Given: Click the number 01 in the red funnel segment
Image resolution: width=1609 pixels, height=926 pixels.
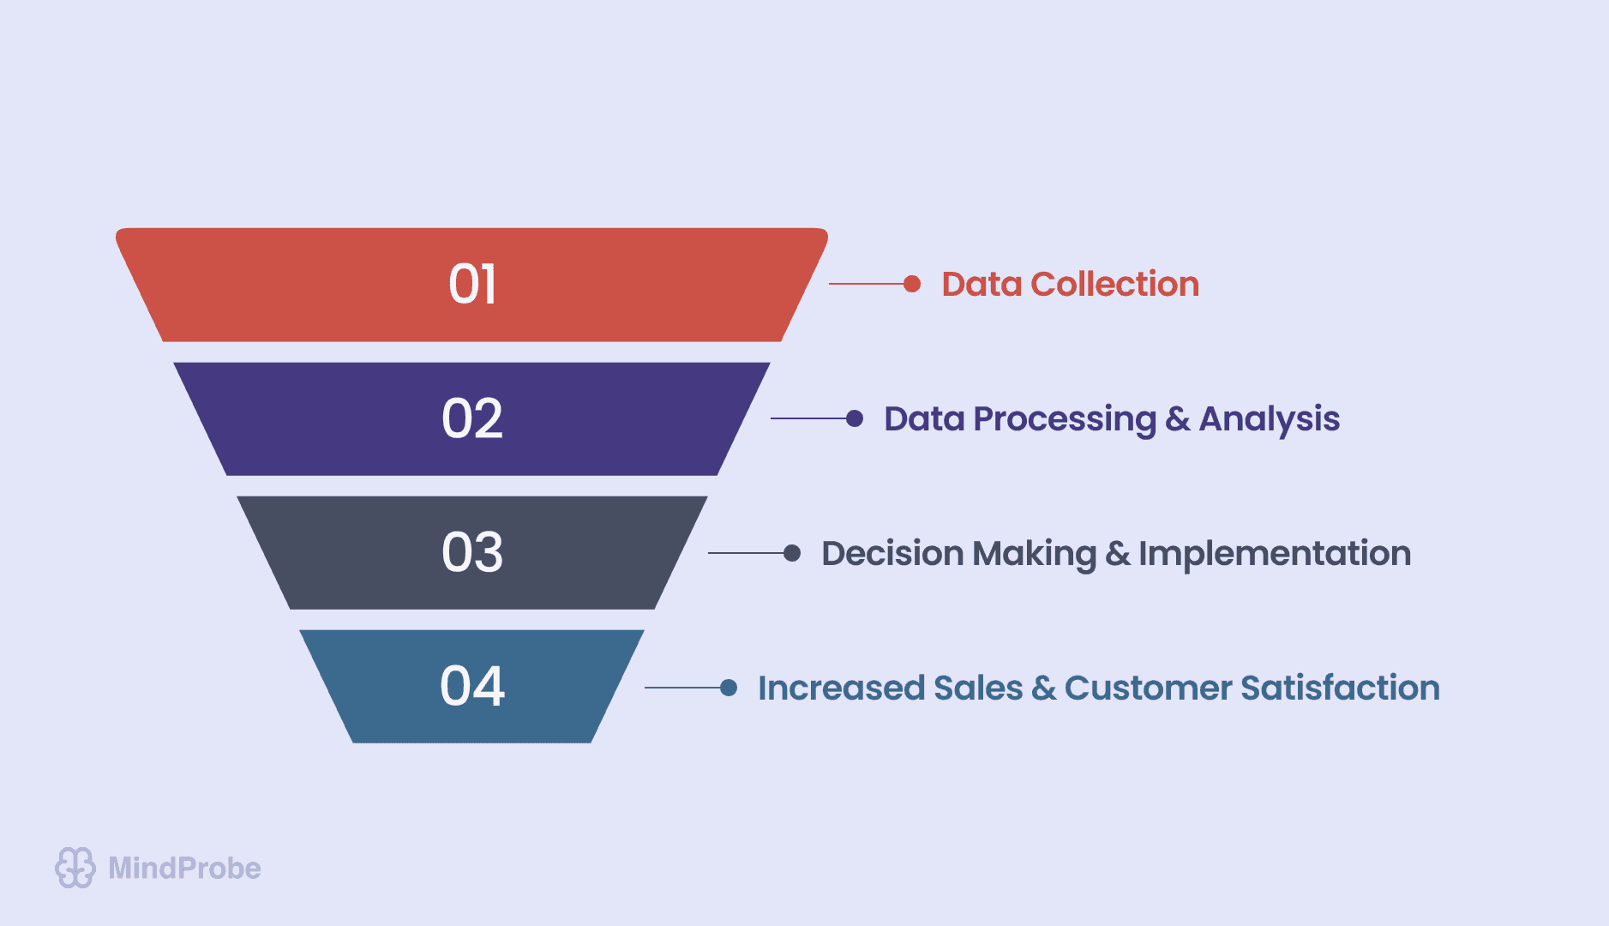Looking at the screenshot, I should click(x=472, y=285).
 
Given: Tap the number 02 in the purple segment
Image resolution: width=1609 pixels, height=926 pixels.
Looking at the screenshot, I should click(x=472, y=419).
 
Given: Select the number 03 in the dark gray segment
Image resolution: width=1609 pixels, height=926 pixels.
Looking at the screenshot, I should click(x=472, y=552).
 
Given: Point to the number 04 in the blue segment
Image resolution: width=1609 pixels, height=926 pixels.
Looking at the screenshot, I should click(x=472, y=687).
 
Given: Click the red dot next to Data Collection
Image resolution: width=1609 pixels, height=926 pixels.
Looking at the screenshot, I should click(x=912, y=284).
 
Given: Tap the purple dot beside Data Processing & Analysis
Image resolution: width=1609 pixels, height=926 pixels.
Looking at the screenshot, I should click(x=855, y=418).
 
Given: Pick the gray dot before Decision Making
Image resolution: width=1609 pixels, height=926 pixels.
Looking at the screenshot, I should click(x=792, y=553).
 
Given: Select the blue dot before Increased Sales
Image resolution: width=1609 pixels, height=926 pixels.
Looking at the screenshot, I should click(x=729, y=688).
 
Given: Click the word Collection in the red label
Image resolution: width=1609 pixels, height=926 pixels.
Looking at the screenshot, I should click(x=1114, y=285).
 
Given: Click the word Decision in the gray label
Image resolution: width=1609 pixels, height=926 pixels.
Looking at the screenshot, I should click(x=892, y=554).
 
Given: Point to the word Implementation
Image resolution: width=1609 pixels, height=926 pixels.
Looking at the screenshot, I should click(x=1274, y=554).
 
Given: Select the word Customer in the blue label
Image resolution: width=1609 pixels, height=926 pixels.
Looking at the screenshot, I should click(x=1148, y=688).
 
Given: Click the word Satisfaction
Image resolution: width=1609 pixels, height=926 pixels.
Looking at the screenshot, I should click(x=1340, y=688).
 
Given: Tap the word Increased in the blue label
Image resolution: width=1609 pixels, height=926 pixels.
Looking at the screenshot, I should click(x=841, y=688).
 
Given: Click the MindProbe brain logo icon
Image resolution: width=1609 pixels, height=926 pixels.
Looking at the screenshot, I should click(x=75, y=868).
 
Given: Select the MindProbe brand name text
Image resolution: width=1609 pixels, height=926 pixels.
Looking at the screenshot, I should click(x=184, y=869).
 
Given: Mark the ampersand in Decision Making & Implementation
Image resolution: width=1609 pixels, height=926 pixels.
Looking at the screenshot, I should click(x=1117, y=554).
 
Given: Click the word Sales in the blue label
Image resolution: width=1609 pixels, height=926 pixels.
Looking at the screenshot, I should click(x=978, y=688).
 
